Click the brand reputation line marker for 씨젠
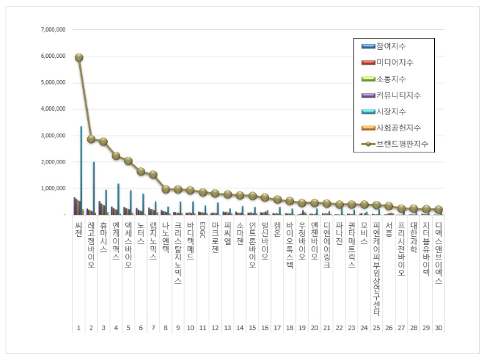pos(78,57)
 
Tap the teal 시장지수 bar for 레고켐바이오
pos(94,188)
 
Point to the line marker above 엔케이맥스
pos(116,155)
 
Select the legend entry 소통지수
pos(392,79)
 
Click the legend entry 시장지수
pos(392,111)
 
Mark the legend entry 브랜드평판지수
pos(400,144)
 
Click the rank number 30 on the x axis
pos(438,328)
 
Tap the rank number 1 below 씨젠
pos(78,328)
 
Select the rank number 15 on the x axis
pos(252,328)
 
